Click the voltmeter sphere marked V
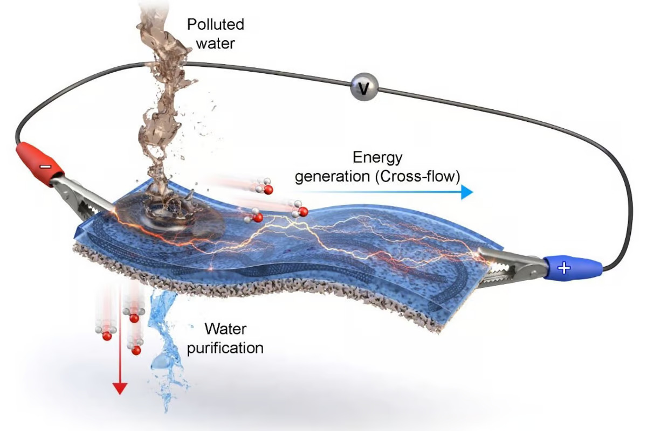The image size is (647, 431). [x=364, y=87]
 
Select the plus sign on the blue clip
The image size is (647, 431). [x=564, y=268]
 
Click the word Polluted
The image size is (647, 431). [x=216, y=24]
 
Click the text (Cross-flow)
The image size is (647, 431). [x=418, y=176]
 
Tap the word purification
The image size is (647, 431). [x=225, y=348]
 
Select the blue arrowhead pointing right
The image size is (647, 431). [x=467, y=192]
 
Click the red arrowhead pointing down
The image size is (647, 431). [x=120, y=388]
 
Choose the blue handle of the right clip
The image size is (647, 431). [x=573, y=268]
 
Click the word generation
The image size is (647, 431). [x=332, y=177]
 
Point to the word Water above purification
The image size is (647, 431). [x=225, y=329]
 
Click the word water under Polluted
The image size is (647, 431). [x=216, y=44]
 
